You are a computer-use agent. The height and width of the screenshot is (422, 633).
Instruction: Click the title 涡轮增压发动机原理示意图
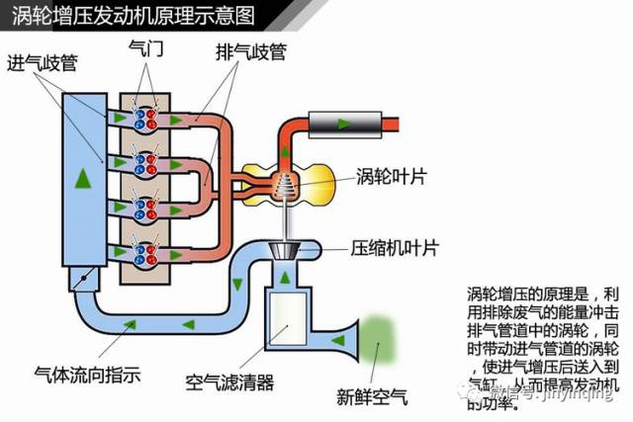click(134, 17)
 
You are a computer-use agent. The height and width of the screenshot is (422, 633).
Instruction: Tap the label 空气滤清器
click(230, 382)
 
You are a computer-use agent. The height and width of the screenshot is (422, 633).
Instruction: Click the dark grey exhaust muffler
click(342, 123)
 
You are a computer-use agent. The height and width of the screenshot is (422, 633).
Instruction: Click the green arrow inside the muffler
click(342, 123)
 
